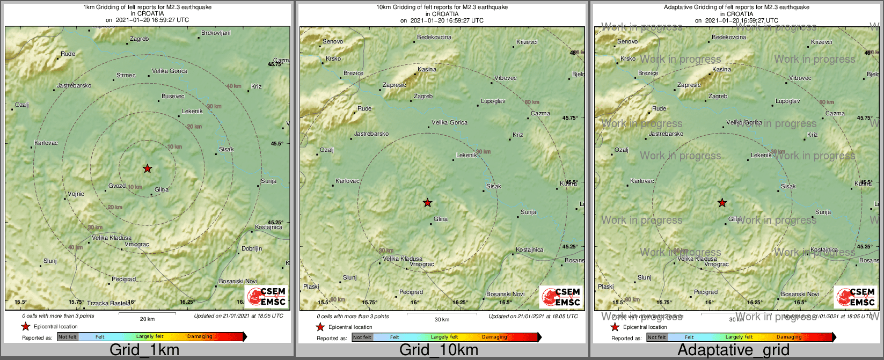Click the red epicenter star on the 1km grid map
pos(148,168)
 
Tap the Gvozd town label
pos(117,186)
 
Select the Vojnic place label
pos(76,194)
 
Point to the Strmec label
pos(126,76)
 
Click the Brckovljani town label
pos(216,33)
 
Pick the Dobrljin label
pos(252,249)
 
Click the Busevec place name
pos(173,97)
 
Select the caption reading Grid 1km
pos(144,350)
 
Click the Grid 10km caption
pos(439,350)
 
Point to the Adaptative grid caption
pos(733,350)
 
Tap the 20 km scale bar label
pos(147,319)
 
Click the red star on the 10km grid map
pos(427,203)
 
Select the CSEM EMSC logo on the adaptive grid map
pos(855,297)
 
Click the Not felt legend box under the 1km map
pos(68,337)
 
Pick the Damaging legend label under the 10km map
pos(494,337)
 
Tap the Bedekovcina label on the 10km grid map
pos(434,38)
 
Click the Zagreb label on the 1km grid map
pos(140,39)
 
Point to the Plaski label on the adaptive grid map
pos(606,287)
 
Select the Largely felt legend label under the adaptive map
pos(740,337)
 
